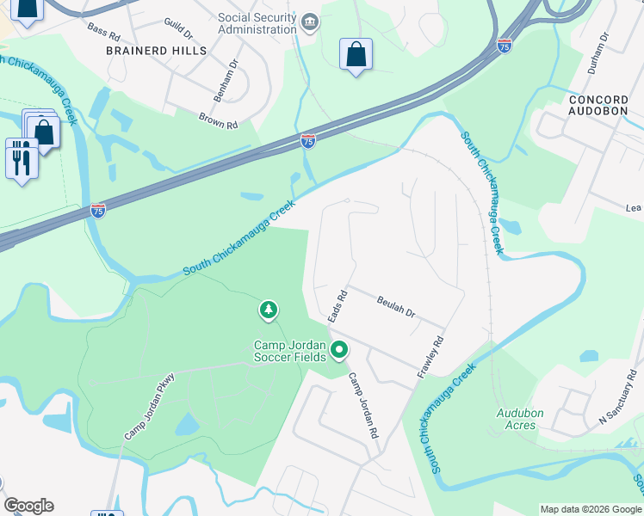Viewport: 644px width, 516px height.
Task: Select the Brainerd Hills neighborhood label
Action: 157,51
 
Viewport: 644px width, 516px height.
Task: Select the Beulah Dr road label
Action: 396,307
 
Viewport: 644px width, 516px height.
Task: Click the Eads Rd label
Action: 337,305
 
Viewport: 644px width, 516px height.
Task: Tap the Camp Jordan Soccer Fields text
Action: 289,351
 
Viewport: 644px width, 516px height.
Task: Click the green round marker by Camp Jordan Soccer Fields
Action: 339,350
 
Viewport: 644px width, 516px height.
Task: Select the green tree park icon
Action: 269,310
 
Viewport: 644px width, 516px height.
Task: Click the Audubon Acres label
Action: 520,419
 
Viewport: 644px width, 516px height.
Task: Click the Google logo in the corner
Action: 28,505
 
